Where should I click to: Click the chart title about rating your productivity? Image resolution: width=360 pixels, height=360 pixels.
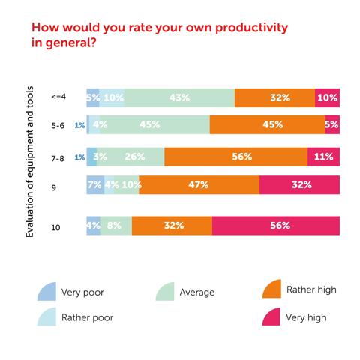pos(159,37)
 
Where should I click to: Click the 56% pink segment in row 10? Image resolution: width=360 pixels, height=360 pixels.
pos(276,226)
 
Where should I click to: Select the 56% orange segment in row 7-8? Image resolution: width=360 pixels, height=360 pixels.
pos(235,157)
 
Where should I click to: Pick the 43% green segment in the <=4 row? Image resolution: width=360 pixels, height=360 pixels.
pos(179,97)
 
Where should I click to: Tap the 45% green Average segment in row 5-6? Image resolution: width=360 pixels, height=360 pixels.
pos(150,125)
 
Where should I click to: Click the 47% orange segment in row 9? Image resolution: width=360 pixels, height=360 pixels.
pos(199,185)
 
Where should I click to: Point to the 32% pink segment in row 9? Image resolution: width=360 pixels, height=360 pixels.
pos(300,185)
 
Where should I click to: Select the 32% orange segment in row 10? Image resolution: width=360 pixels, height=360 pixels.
pos(172,226)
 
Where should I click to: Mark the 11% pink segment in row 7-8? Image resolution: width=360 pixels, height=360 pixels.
pos(324,157)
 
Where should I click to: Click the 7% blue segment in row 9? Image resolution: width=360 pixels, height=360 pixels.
pos(95,185)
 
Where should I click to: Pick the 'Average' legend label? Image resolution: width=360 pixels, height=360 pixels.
pos(197,292)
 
